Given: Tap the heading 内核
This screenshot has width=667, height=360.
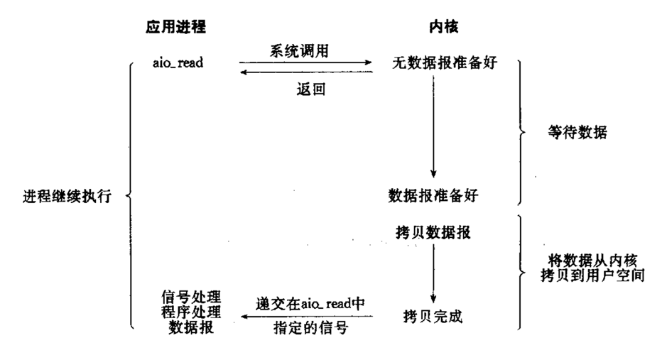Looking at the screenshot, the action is pyautogui.click(x=439, y=27).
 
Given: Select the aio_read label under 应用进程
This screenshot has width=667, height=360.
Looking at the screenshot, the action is pyautogui.click(x=178, y=62).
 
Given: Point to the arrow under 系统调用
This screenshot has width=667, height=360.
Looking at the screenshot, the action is pyautogui.click(x=305, y=62).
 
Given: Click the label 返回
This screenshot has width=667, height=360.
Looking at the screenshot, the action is pyautogui.click(x=306, y=90).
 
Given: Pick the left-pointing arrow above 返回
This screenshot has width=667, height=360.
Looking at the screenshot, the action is pyautogui.click(x=305, y=73).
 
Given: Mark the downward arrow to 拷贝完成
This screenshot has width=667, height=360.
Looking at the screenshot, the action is pyautogui.click(x=433, y=273).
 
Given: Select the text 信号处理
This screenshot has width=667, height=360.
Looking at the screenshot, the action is pyautogui.click(x=188, y=296).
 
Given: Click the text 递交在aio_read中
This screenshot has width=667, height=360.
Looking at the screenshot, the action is pyautogui.click(x=310, y=303).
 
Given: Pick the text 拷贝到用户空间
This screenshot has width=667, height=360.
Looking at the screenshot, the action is pyautogui.click(x=591, y=275).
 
